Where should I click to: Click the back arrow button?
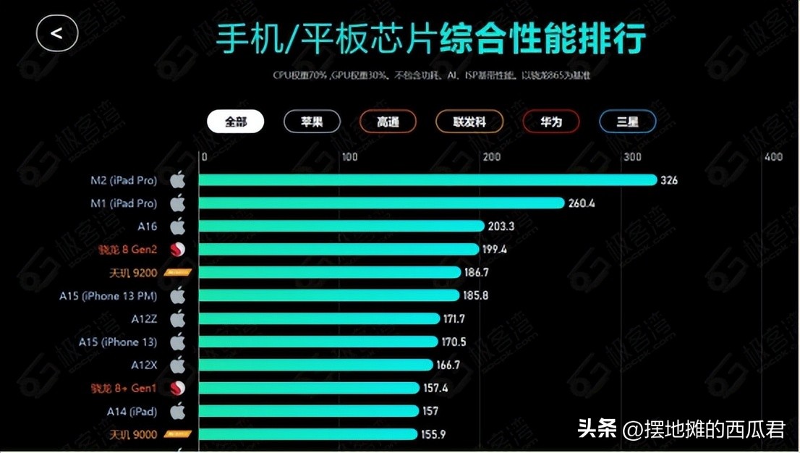click(x=57, y=33)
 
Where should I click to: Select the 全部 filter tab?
click(x=236, y=122)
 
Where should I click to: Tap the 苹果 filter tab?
click(x=312, y=122)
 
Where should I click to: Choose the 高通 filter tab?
click(x=388, y=122)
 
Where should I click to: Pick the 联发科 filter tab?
click(x=469, y=122)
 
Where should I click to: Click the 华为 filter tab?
click(x=550, y=122)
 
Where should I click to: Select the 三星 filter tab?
click(x=627, y=122)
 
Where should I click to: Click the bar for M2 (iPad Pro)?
click(x=427, y=180)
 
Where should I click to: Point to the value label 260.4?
click(x=582, y=203)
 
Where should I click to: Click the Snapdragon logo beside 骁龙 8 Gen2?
click(x=177, y=250)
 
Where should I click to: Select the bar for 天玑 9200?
click(x=329, y=273)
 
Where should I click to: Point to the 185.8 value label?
click(x=477, y=295)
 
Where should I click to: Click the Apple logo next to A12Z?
click(x=177, y=318)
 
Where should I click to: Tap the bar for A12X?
click(x=316, y=365)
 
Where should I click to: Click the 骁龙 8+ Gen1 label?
click(x=128, y=388)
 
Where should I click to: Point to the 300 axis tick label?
click(x=633, y=157)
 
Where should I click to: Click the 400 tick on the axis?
click(x=773, y=157)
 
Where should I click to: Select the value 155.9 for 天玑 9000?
click(x=434, y=434)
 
